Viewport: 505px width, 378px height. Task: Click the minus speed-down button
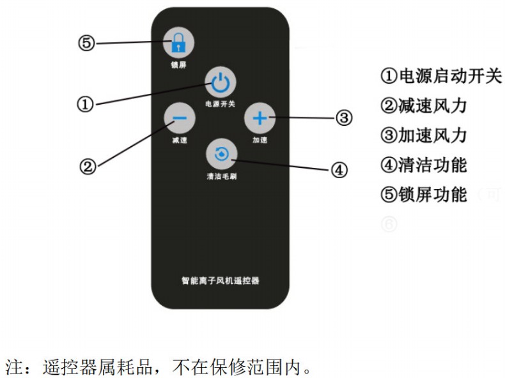(x=180, y=119)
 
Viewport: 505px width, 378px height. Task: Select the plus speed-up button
(x=259, y=118)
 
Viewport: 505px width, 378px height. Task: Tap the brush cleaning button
(x=221, y=154)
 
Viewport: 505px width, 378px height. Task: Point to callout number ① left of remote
(x=85, y=103)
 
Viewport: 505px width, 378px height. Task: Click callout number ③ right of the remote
(x=344, y=117)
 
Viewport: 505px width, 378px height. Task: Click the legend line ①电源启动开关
(x=441, y=76)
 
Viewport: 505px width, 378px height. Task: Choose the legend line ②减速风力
(x=423, y=106)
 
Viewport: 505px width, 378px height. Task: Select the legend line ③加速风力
(x=423, y=135)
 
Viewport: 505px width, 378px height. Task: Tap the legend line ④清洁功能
(x=423, y=165)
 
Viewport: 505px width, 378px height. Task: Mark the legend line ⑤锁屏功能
(x=423, y=195)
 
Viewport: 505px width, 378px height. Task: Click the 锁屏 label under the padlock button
(x=178, y=64)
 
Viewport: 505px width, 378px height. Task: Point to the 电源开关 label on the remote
(x=221, y=103)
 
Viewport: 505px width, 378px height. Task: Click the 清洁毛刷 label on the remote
(x=221, y=176)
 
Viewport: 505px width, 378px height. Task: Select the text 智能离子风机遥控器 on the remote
(x=221, y=280)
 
